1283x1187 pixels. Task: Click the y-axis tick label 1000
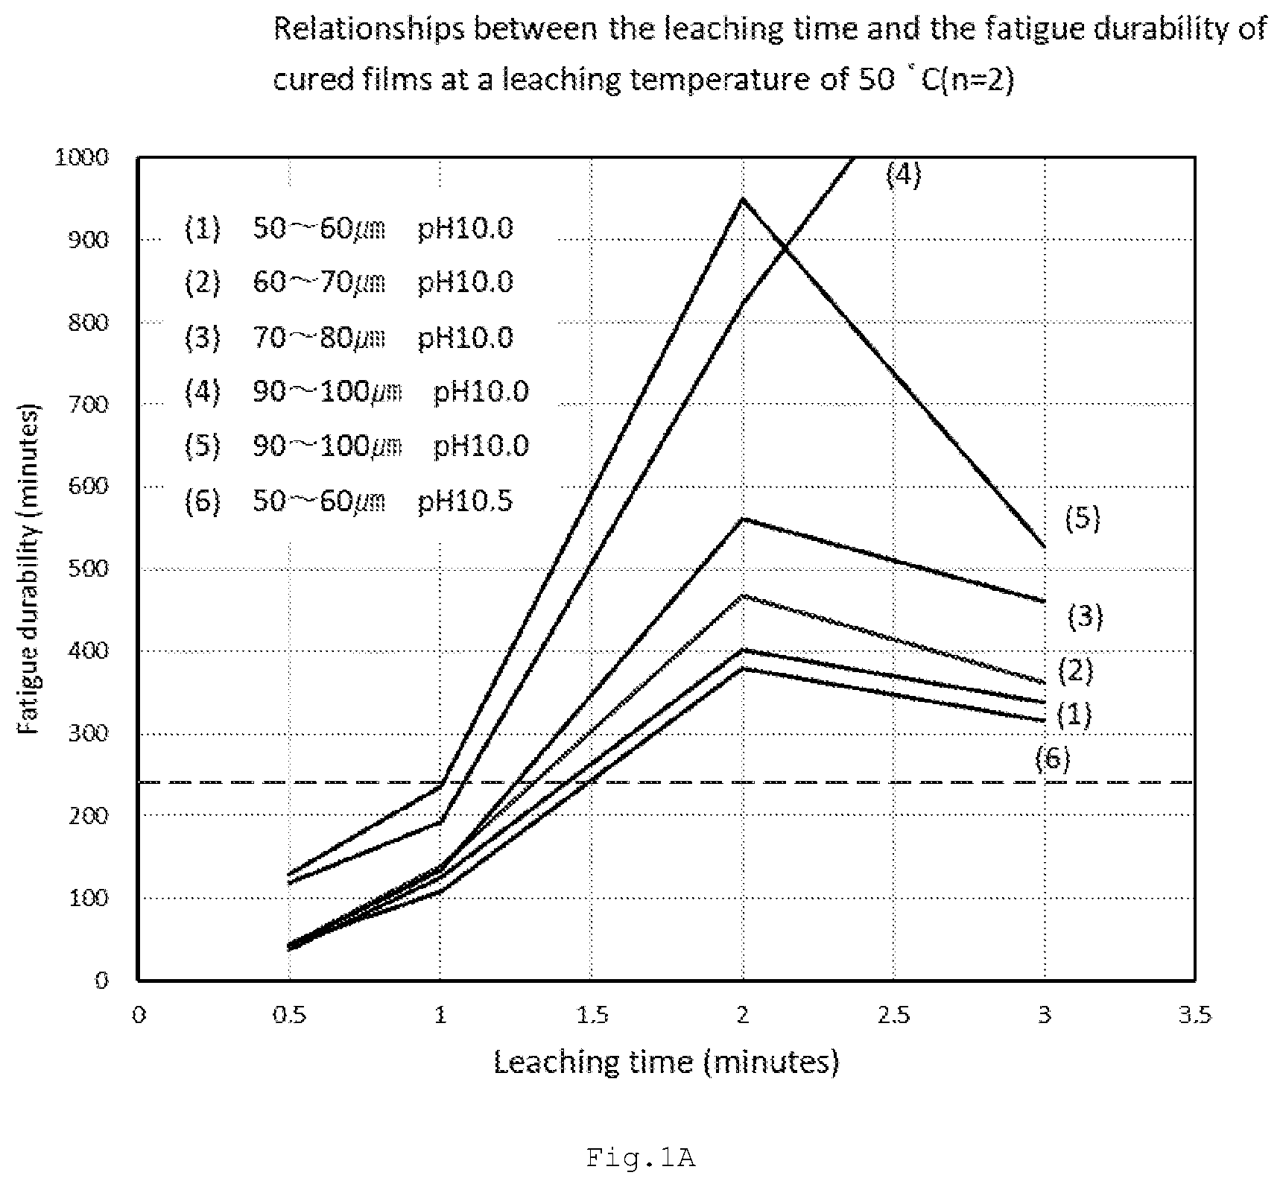point(82,157)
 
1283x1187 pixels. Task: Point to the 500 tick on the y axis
point(90,569)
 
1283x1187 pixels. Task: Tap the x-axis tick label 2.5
point(893,1015)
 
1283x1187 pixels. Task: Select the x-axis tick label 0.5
point(289,1015)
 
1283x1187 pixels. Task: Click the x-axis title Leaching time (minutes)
point(666,1062)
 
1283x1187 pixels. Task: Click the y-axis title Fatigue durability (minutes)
point(30,569)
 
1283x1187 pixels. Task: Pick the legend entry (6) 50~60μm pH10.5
point(349,501)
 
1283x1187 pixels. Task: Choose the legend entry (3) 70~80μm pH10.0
point(349,338)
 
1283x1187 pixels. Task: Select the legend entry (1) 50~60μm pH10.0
point(349,228)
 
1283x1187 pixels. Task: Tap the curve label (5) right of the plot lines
point(1082,518)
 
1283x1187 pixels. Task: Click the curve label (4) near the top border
point(904,174)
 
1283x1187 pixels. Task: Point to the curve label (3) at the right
point(1085,616)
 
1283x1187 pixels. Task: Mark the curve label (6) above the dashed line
point(1052,759)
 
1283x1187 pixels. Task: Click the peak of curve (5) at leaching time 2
point(743,199)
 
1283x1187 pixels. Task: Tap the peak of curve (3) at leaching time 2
point(743,519)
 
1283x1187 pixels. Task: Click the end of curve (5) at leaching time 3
point(1045,546)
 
